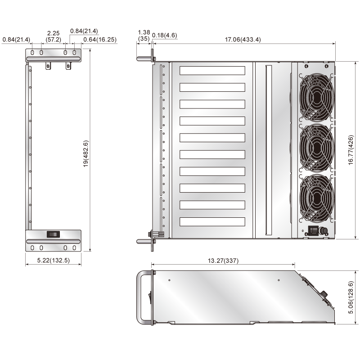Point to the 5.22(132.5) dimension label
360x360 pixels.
pos(53,260)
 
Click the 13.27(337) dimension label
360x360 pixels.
pos(223,261)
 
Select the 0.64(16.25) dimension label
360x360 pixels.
pos(100,40)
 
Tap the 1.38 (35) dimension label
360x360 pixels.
pos(144,36)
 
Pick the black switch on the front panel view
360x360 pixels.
pos(53,234)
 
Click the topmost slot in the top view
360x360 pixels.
pos(212,71)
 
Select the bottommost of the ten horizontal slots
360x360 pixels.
pos(212,221)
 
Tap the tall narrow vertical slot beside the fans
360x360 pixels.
pos(269,150)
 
